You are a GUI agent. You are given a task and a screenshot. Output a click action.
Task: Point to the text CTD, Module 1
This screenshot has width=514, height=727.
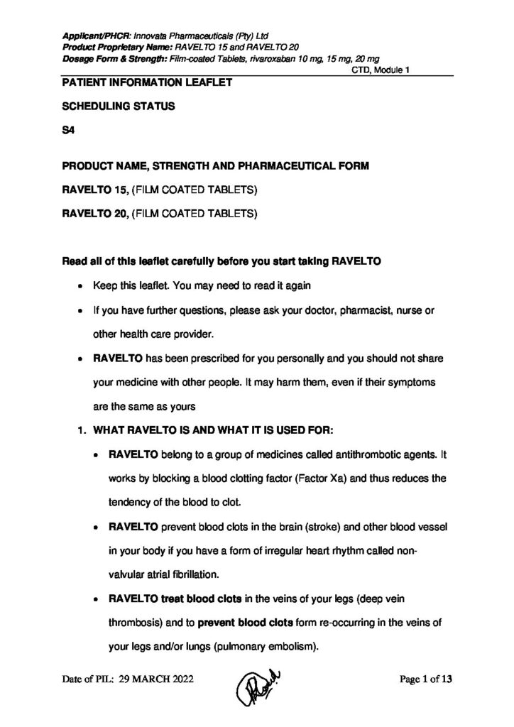pyautogui.click(x=380, y=69)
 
